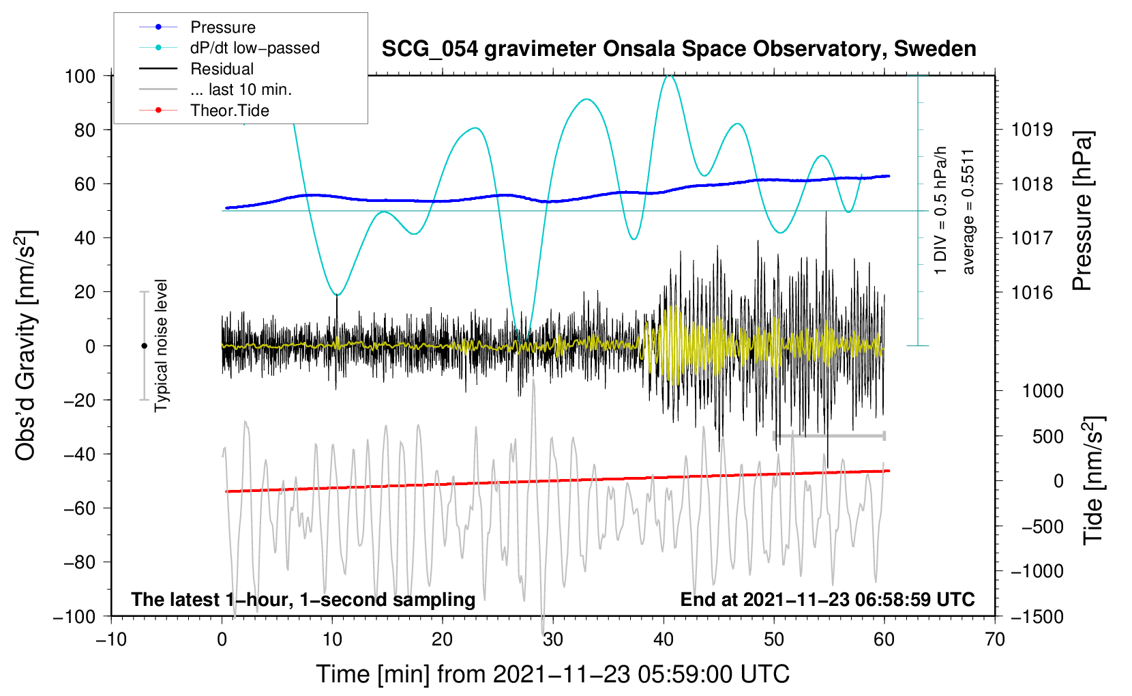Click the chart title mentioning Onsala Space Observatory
pos(679,49)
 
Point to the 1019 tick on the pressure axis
pos(1032,130)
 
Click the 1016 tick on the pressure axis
pos(1032,293)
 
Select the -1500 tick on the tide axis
pos(1037,616)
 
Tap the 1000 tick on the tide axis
pos(1042,391)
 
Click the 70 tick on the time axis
pos(995,639)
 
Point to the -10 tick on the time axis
pos(111,639)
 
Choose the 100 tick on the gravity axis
pos(80,76)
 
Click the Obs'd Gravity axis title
pos(26,345)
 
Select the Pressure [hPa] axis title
pos(1082,212)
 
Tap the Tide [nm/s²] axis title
pos(1093,480)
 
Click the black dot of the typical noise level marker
pos(144,346)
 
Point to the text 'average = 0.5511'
pos(968,212)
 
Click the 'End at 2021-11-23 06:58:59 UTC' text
pos(827,600)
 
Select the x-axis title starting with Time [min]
pos(552,674)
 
